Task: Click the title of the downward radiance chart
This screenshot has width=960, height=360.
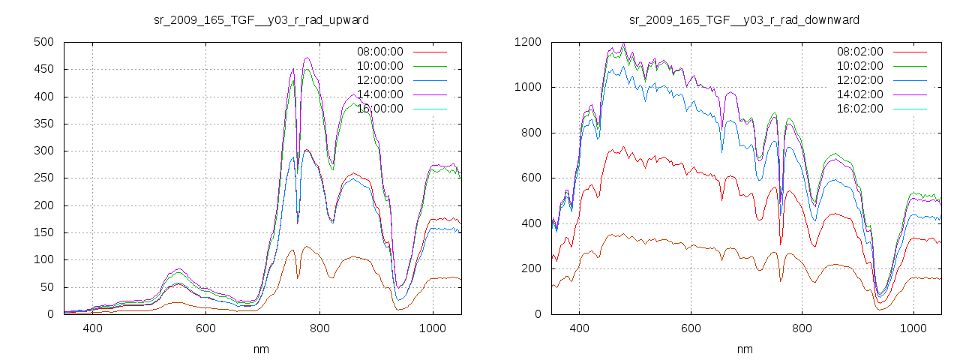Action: [744, 19]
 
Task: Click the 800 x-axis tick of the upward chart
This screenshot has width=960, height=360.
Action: [319, 328]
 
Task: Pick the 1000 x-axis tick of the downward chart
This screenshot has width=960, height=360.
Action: [913, 328]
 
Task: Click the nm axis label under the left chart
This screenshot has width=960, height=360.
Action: [262, 349]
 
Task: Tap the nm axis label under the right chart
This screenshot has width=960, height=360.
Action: [744, 349]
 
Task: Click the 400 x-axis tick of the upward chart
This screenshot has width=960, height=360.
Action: [93, 328]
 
